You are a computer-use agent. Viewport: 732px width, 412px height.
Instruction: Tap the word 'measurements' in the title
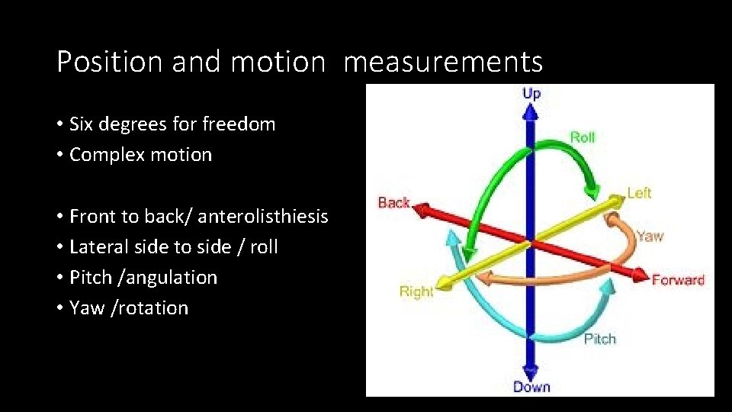click(x=443, y=62)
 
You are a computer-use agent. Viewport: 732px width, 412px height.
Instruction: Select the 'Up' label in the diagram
click(x=531, y=94)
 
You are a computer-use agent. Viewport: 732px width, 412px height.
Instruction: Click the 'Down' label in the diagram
click(x=531, y=387)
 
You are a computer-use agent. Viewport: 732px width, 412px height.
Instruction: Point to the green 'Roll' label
click(x=583, y=137)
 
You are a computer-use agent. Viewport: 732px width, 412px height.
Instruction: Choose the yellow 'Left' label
click(x=639, y=193)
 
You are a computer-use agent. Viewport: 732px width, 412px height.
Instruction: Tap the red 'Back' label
click(x=394, y=203)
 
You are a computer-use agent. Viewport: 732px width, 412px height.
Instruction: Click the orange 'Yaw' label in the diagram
click(x=650, y=237)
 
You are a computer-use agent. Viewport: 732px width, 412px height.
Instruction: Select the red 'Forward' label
click(x=678, y=280)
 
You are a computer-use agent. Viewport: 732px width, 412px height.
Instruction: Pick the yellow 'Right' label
click(x=416, y=291)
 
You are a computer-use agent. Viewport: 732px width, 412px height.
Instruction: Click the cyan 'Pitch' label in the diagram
click(x=599, y=339)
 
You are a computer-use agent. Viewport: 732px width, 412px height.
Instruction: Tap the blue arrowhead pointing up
click(x=531, y=111)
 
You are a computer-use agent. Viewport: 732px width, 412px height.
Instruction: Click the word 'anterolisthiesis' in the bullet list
click(x=263, y=217)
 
